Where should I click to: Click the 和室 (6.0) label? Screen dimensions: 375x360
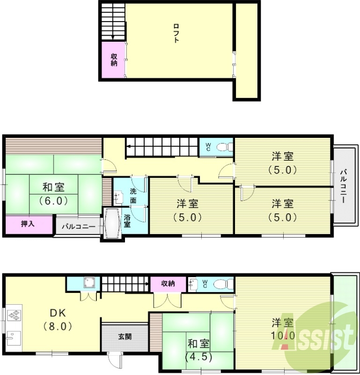[54, 194]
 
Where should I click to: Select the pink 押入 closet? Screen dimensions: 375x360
[28, 225]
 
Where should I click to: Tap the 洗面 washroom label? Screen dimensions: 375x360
[133, 195]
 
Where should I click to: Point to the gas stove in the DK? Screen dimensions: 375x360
[15, 313]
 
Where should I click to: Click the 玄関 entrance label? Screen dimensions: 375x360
[125, 336]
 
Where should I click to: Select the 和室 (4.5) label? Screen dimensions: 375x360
[198, 349]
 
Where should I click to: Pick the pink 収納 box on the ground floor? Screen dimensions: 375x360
[168, 284]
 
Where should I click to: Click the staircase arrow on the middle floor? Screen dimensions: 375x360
[129, 151]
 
